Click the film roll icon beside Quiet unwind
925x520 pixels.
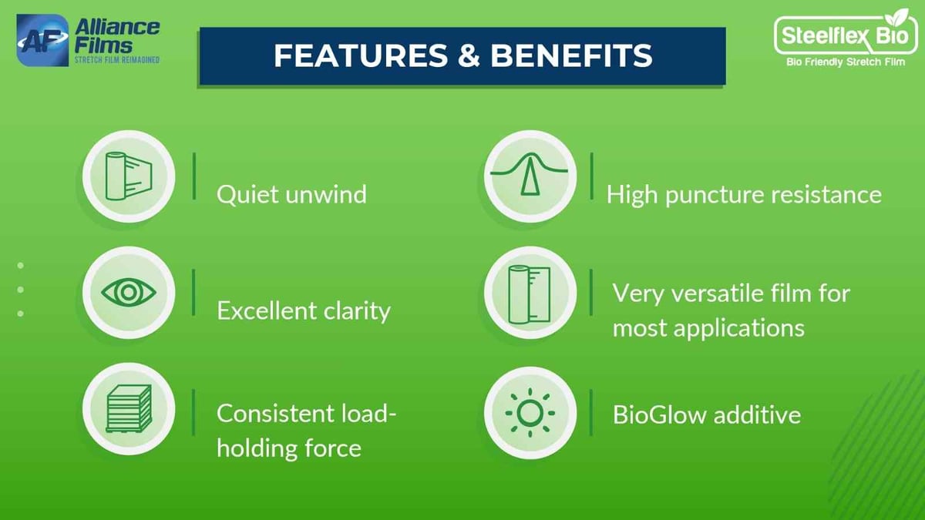129,175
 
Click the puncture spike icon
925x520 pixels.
530,175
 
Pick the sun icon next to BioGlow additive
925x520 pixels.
530,413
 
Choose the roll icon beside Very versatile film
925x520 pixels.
530,292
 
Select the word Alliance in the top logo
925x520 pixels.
117,28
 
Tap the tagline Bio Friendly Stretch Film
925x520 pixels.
845,62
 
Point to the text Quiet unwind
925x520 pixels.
291,194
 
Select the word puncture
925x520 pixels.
718,194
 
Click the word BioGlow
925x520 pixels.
660,415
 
